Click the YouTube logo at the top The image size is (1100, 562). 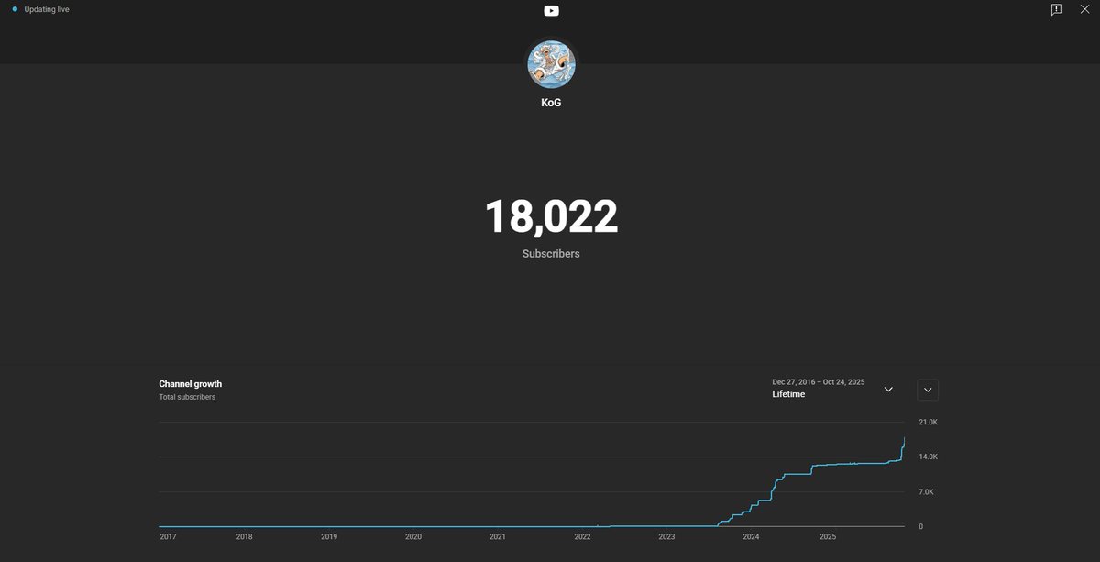pos(551,10)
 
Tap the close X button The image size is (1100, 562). pos(1084,9)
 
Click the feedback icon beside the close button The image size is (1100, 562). pos(1056,9)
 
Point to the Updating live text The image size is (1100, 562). pos(47,9)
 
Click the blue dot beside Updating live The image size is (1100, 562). pos(15,9)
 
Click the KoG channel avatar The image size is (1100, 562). pos(551,63)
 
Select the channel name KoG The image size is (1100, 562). pos(551,103)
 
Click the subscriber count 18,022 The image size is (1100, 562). pos(551,217)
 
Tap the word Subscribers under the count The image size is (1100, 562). pos(551,253)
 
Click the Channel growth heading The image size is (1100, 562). pos(190,384)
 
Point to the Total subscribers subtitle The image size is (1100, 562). pos(187,397)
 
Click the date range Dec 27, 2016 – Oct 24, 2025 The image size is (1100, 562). pos(818,382)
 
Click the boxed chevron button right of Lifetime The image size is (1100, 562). pos(928,390)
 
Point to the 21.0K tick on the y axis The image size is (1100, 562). pos(928,423)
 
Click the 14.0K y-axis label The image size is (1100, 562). pos(928,457)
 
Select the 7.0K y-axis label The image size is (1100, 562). pos(926,492)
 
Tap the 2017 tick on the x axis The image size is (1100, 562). pos(168,537)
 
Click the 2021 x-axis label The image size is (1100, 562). pos(497,537)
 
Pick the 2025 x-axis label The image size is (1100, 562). pos(828,537)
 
